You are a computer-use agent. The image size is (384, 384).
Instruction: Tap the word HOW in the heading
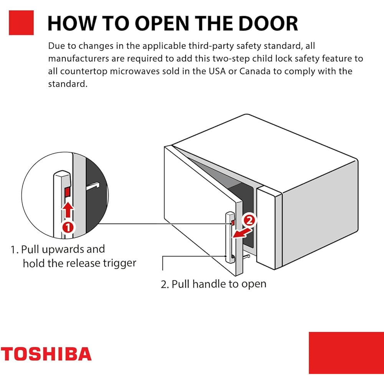[x=72, y=23]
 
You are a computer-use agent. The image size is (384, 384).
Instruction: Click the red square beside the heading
[x=21, y=23]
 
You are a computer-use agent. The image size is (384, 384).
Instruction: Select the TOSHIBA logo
[x=46, y=354]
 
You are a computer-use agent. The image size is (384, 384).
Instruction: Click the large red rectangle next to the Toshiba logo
[x=346, y=353]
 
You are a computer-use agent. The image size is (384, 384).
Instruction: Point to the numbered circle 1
[x=68, y=227]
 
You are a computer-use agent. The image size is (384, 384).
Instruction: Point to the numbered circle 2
[x=249, y=220]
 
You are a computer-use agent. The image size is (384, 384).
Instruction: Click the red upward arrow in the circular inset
[x=68, y=210]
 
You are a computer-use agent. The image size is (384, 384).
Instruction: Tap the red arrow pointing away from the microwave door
[x=242, y=233]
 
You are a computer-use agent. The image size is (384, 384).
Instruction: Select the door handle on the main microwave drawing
[x=230, y=238]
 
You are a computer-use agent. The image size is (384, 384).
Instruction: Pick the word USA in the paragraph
[x=217, y=71]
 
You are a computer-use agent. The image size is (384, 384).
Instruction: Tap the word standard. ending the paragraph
[x=68, y=84]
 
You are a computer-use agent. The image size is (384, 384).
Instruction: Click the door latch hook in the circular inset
[x=93, y=186]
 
